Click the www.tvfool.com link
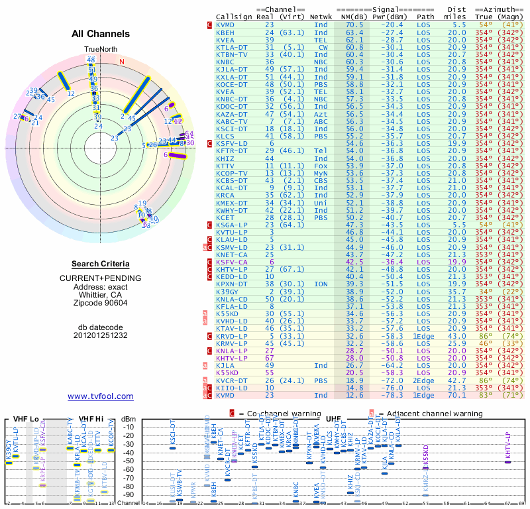(101, 396)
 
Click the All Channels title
(100, 34)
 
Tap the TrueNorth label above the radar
(100, 50)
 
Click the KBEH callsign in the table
(225, 32)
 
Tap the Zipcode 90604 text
(100, 303)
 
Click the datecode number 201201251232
(100, 335)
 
